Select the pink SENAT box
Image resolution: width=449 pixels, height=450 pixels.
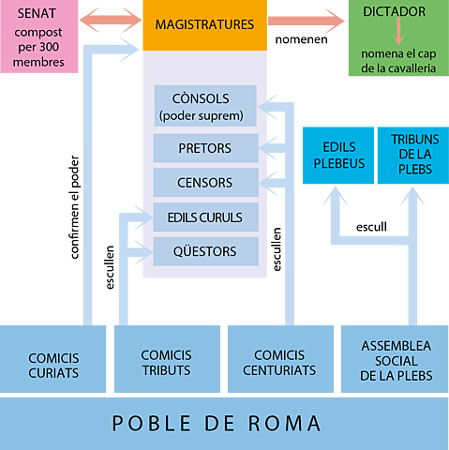[x=38, y=37]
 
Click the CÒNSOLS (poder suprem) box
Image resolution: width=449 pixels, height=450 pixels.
[x=204, y=107]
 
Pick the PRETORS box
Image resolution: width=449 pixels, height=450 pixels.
[x=205, y=148]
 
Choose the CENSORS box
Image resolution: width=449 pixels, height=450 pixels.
[x=205, y=182]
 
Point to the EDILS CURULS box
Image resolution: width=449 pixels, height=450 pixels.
[x=205, y=217]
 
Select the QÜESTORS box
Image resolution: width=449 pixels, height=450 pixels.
[x=205, y=251]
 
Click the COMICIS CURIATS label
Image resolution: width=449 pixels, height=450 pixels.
[x=53, y=366]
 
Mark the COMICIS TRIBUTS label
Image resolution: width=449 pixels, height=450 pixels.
[x=166, y=363]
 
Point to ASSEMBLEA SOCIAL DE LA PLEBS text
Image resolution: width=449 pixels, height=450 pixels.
[x=396, y=361]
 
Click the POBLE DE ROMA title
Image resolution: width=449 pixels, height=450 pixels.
[x=217, y=423]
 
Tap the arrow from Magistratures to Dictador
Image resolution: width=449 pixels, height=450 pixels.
[x=307, y=22]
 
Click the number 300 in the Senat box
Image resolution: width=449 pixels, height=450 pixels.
[x=56, y=50]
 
